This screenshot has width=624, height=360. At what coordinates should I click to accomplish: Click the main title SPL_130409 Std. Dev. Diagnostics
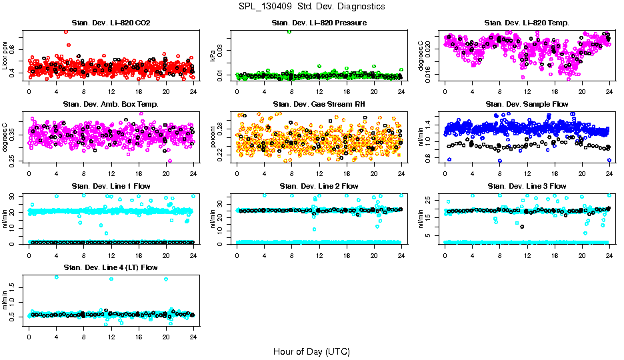[311, 6]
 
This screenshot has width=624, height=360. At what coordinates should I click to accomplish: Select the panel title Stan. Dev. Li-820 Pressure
[319, 23]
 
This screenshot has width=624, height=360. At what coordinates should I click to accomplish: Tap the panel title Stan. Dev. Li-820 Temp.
[526, 23]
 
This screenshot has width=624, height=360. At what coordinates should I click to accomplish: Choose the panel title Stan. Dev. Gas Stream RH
[319, 104]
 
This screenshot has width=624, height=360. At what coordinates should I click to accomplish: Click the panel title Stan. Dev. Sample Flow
[526, 104]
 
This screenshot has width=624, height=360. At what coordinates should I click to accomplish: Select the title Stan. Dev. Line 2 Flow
[319, 186]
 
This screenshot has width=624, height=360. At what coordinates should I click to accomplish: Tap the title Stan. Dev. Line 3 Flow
[526, 186]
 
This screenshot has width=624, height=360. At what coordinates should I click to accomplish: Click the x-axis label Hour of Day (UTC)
[311, 351]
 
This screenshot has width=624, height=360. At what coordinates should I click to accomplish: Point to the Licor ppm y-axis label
[5, 56]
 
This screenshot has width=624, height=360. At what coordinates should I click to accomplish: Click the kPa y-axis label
[213, 56]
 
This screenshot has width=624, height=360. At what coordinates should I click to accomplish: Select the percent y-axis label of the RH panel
[213, 137]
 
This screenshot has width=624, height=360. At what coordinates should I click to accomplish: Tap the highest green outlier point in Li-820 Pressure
[289, 31]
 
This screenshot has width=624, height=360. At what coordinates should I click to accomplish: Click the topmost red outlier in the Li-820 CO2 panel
[65, 31]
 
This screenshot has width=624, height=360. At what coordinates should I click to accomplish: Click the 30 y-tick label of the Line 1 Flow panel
[14, 196]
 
